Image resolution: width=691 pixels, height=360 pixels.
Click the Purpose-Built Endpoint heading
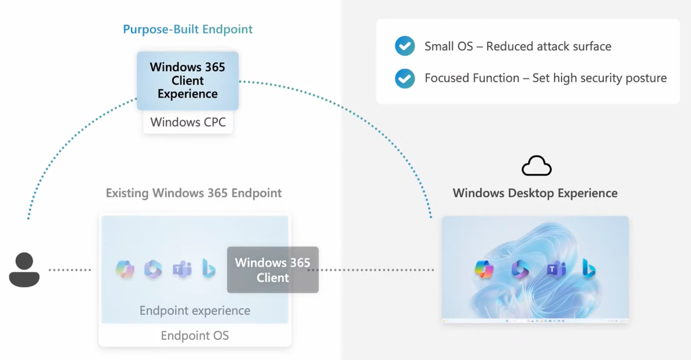click(x=187, y=30)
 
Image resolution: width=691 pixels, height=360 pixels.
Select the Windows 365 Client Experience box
click(x=187, y=80)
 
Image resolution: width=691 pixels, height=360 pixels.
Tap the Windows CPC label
click(x=187, y=122)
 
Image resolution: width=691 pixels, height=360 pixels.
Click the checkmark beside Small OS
click(x=404, y=47)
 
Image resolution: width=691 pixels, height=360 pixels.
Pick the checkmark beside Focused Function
click(x=404, y=78)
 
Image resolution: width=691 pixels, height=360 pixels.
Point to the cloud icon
click(x=536, y=166)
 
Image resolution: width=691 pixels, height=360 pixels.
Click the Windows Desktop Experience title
click(x=535, y=193)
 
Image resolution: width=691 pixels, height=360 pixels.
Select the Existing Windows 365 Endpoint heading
click(x=193, y=193)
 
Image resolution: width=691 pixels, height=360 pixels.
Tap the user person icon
click(x=24, y=269)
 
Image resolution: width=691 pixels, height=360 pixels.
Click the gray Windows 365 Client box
click(x=272, y=269)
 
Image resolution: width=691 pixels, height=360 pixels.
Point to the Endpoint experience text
click(x=194, y=310)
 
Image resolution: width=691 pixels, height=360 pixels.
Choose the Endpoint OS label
click(x=194, y=336)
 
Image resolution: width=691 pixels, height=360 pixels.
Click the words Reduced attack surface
click(x=549, y=47)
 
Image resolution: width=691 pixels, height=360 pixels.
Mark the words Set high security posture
click(x=599, y=78)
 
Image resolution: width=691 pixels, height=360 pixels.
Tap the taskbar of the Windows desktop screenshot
click(x=535, y=321)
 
